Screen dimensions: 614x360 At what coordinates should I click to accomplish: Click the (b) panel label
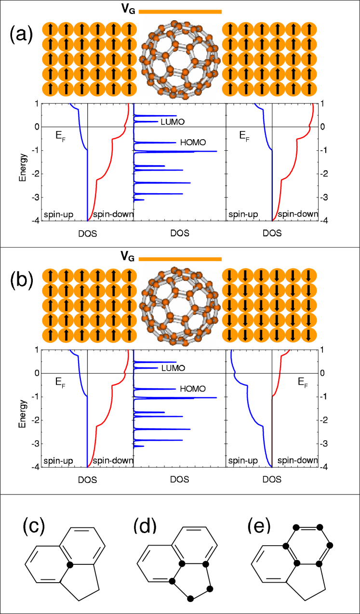21,280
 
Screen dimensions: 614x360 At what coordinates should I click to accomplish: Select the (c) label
33,527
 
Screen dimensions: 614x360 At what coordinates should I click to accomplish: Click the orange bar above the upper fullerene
180,12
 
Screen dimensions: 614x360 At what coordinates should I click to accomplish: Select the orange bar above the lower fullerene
180,259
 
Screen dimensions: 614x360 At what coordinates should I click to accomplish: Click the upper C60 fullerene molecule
179,60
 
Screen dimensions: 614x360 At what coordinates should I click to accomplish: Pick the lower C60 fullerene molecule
179,307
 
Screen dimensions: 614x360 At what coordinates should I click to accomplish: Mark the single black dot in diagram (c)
70,564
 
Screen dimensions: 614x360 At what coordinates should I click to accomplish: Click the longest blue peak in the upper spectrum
193,152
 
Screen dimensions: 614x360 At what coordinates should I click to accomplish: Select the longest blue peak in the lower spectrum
193,398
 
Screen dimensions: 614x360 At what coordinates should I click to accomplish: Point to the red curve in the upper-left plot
112,144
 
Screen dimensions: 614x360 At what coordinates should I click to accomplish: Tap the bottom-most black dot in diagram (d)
191,598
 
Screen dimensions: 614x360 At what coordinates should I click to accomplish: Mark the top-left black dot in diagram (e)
296,528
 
